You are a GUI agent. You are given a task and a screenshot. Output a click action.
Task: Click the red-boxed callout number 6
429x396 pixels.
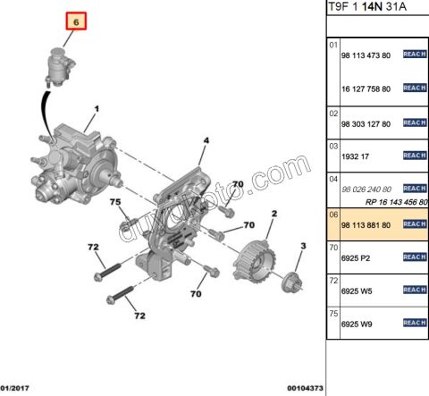pos(76,21)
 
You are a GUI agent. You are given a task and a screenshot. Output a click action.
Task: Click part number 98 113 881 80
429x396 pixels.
pos(366,225)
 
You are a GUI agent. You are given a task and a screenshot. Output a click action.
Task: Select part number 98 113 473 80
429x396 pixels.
pos(366,55)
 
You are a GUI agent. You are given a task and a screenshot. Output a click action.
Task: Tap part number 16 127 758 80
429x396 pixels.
pos(366,88)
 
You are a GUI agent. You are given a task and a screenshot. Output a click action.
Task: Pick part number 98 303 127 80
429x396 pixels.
pos(366,124)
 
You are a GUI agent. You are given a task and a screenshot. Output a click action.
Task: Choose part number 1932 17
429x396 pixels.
pos(355,156)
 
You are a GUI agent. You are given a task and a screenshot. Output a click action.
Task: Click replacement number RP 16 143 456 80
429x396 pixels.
pos(397,202)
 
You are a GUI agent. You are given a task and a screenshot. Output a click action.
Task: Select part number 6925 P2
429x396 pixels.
pos(356,258)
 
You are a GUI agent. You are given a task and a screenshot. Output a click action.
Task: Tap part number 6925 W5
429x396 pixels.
pos(357,291)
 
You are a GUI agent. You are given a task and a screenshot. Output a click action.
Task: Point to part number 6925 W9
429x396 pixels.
pos(357,324)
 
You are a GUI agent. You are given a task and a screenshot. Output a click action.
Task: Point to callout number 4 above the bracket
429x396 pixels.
pos(206,140)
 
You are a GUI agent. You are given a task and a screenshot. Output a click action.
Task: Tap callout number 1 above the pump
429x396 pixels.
pos(97,109)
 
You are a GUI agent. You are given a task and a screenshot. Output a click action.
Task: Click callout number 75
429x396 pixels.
pos(115,202)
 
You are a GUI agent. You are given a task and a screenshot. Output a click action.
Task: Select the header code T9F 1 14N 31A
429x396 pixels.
pos(367,6)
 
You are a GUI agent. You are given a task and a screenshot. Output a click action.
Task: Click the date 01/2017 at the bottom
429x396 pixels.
pos(15,388)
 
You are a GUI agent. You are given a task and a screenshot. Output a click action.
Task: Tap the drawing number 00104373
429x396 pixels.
pos(305,388)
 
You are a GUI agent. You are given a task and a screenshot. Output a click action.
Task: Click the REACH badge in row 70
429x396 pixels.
pos(415,257)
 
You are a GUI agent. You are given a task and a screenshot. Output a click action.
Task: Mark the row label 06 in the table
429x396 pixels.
pos(333,215)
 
